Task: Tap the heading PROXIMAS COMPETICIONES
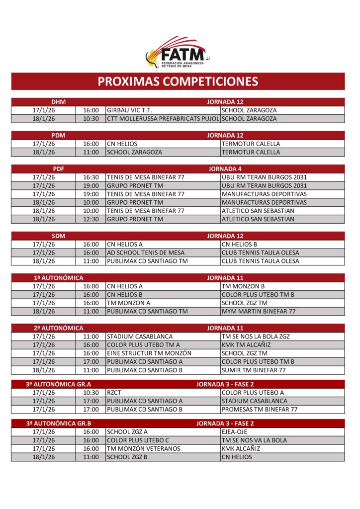click(178, 82)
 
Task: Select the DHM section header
click(59, 102)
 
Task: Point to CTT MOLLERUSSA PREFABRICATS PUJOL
click(163, 119)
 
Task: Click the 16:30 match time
click(91, 177)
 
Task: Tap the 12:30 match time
click(91, 219)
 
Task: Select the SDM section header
click(59, 236)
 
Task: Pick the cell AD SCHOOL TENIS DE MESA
click(146, 253)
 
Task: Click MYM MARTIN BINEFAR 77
click(259, 311)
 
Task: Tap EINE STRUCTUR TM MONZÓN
click(149, 353)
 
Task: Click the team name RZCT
click(114, 393)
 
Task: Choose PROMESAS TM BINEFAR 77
click(260, 410)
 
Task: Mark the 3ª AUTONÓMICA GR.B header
click(59, 424)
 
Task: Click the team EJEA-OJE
click(234, 432)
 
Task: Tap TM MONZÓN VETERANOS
click(144, 449)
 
